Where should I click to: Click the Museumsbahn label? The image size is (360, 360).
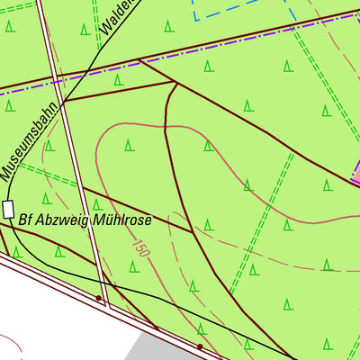click(x=29, y=139)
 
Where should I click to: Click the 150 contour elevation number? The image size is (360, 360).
click(x=139, y=247)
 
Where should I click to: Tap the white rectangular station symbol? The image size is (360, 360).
click(x=9, y=210)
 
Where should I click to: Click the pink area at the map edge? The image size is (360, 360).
click(x=355, y=173)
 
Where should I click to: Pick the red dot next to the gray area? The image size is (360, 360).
click(x=200, y=345)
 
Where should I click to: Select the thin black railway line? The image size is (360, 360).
click(x=180, y=306)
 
